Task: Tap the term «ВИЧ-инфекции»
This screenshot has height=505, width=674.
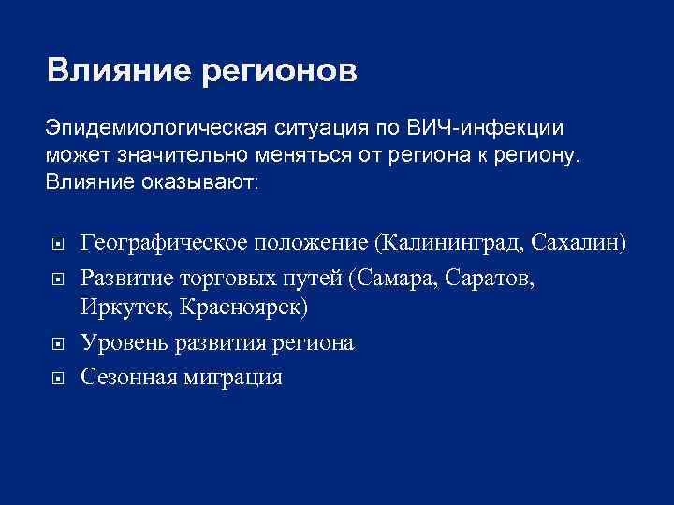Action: coord(485,127)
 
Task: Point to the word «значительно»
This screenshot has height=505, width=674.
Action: coord(197,153)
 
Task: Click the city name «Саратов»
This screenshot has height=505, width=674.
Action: coord(491,278)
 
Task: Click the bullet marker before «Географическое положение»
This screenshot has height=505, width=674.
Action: coord(57,245)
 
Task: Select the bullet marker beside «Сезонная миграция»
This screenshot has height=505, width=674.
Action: coord(57,378)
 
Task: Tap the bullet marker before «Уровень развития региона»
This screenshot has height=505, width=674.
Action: coord(57,343)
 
